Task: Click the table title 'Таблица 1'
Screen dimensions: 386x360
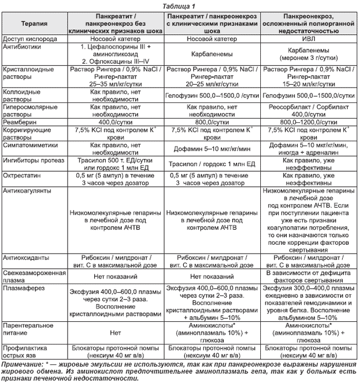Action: (x=179, y=5)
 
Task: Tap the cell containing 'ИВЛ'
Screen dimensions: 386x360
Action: (x=310, y=40)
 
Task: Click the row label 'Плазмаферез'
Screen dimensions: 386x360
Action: (x=23, y=289)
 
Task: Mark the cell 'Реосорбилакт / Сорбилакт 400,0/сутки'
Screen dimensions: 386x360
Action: (x=310, y=108)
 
